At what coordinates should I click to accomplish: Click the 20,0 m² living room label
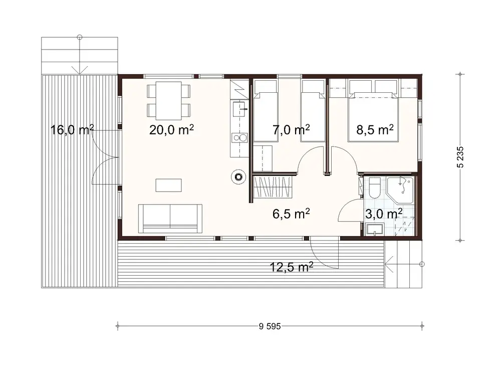(171, 130)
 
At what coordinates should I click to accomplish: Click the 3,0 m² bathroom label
(383, 215)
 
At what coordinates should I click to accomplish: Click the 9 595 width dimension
(270, 326)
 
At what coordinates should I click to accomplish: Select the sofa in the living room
(170, 219)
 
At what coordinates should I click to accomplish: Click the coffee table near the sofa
(168, 186)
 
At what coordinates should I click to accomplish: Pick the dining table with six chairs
(169, 100)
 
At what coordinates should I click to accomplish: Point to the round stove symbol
(238, 176)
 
